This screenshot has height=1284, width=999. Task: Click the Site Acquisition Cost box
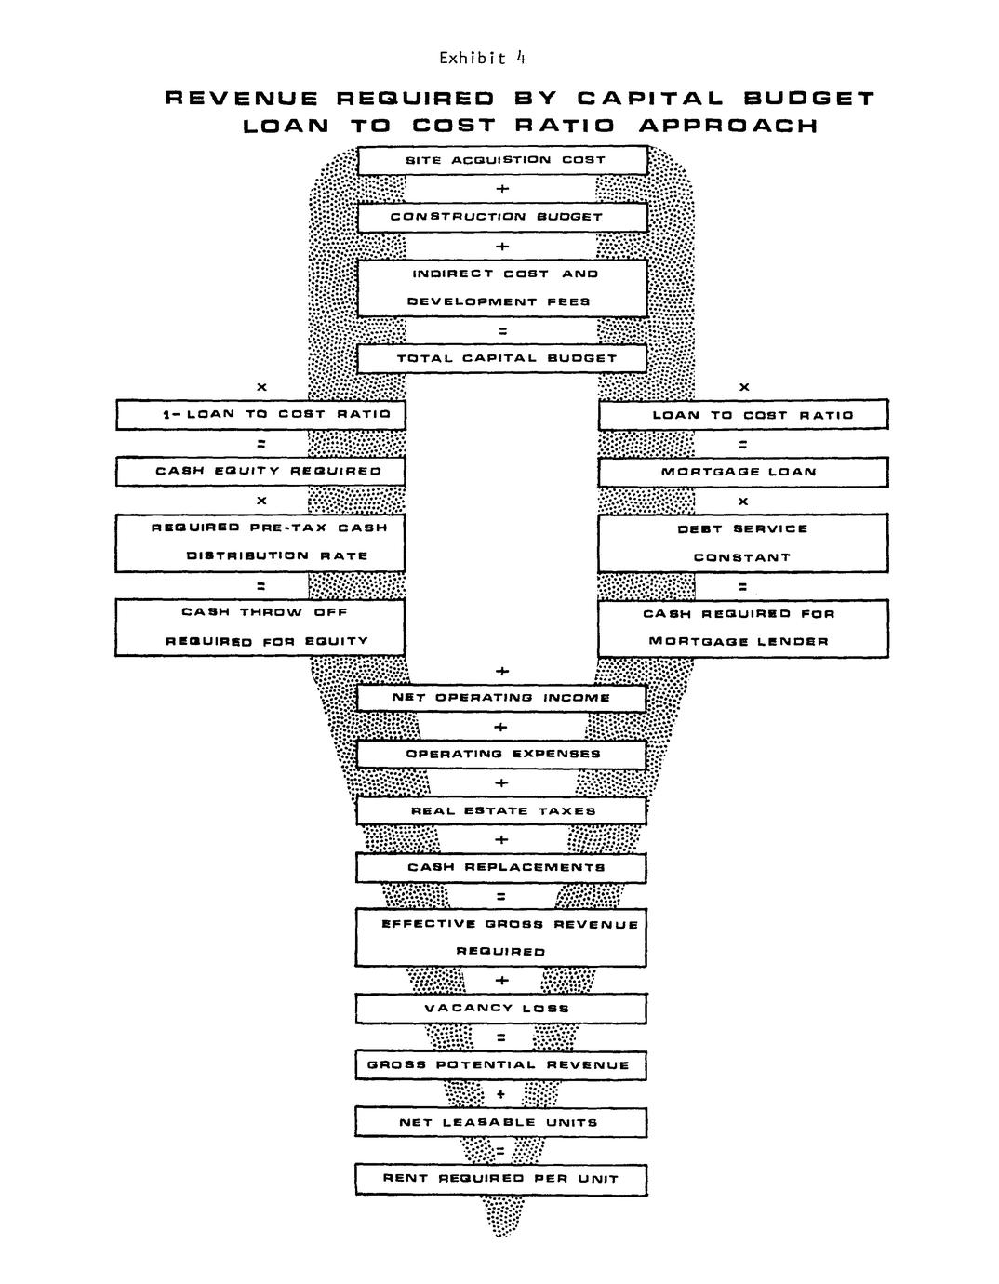(502, 160)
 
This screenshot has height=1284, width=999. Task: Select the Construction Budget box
(502, 217)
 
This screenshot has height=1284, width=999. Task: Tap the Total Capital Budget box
(502, 358)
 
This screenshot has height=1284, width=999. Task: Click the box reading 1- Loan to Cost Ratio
(260, 415)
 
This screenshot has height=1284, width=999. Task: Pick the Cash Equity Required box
(260, 472)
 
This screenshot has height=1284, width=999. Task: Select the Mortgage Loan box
(742, 472)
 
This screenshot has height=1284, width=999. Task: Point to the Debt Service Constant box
(742, 543)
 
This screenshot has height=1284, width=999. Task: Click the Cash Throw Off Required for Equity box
(260, 627)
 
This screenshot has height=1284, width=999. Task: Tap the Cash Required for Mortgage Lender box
(742, 627)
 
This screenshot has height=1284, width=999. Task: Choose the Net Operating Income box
(501, 698)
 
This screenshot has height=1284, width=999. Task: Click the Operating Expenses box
(501, 755)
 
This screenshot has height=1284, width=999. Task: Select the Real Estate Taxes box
(501, 811)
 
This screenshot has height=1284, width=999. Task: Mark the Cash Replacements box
(501, 868)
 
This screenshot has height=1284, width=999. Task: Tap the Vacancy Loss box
(500, 1009)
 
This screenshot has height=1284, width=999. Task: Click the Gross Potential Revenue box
(500, 1065)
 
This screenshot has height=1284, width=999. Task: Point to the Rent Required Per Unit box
(500, 1179)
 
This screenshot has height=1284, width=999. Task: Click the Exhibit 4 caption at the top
(482, 59)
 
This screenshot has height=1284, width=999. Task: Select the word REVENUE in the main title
(242, 99)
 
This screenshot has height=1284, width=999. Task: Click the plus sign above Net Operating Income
(502, 671)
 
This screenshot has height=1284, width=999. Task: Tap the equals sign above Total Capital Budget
(502, 330)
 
